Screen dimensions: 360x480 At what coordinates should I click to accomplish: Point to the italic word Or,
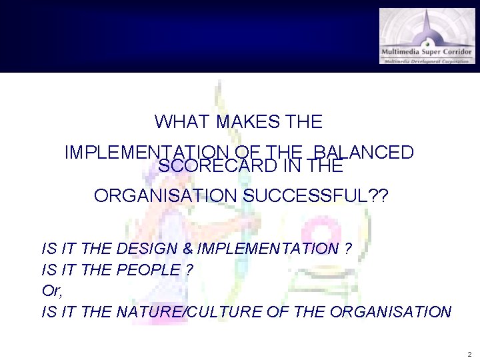(x=51, y=291)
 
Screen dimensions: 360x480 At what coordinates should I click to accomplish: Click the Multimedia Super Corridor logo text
(x=427, y=52)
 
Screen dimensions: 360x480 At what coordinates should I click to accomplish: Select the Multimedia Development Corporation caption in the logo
(x=427, y=61)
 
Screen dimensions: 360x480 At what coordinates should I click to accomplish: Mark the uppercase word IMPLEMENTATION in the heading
(x=145, y=152)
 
